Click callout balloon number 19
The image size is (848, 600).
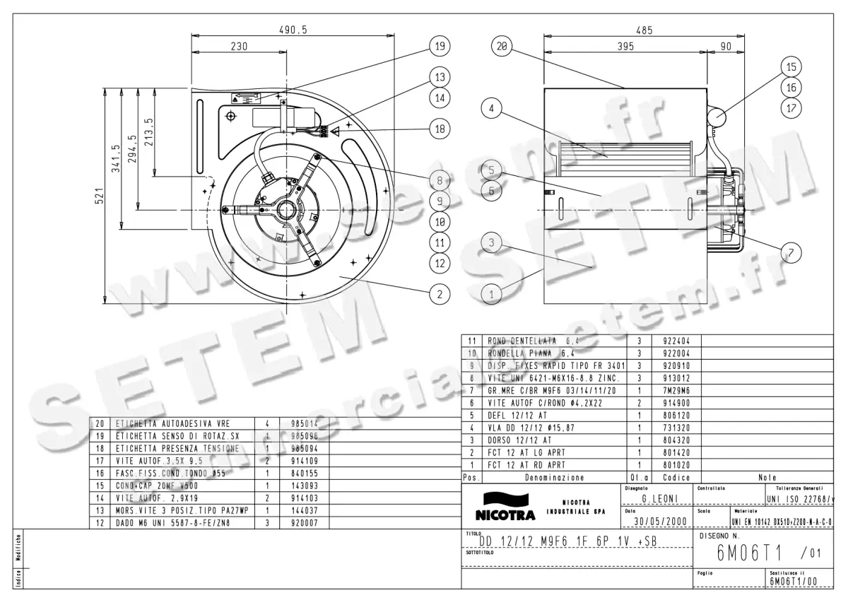click(439, 47)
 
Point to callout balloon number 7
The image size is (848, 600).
click(791, 251)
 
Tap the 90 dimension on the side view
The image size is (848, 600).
click(726, 47)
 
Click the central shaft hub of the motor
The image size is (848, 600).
click(286, 210)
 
